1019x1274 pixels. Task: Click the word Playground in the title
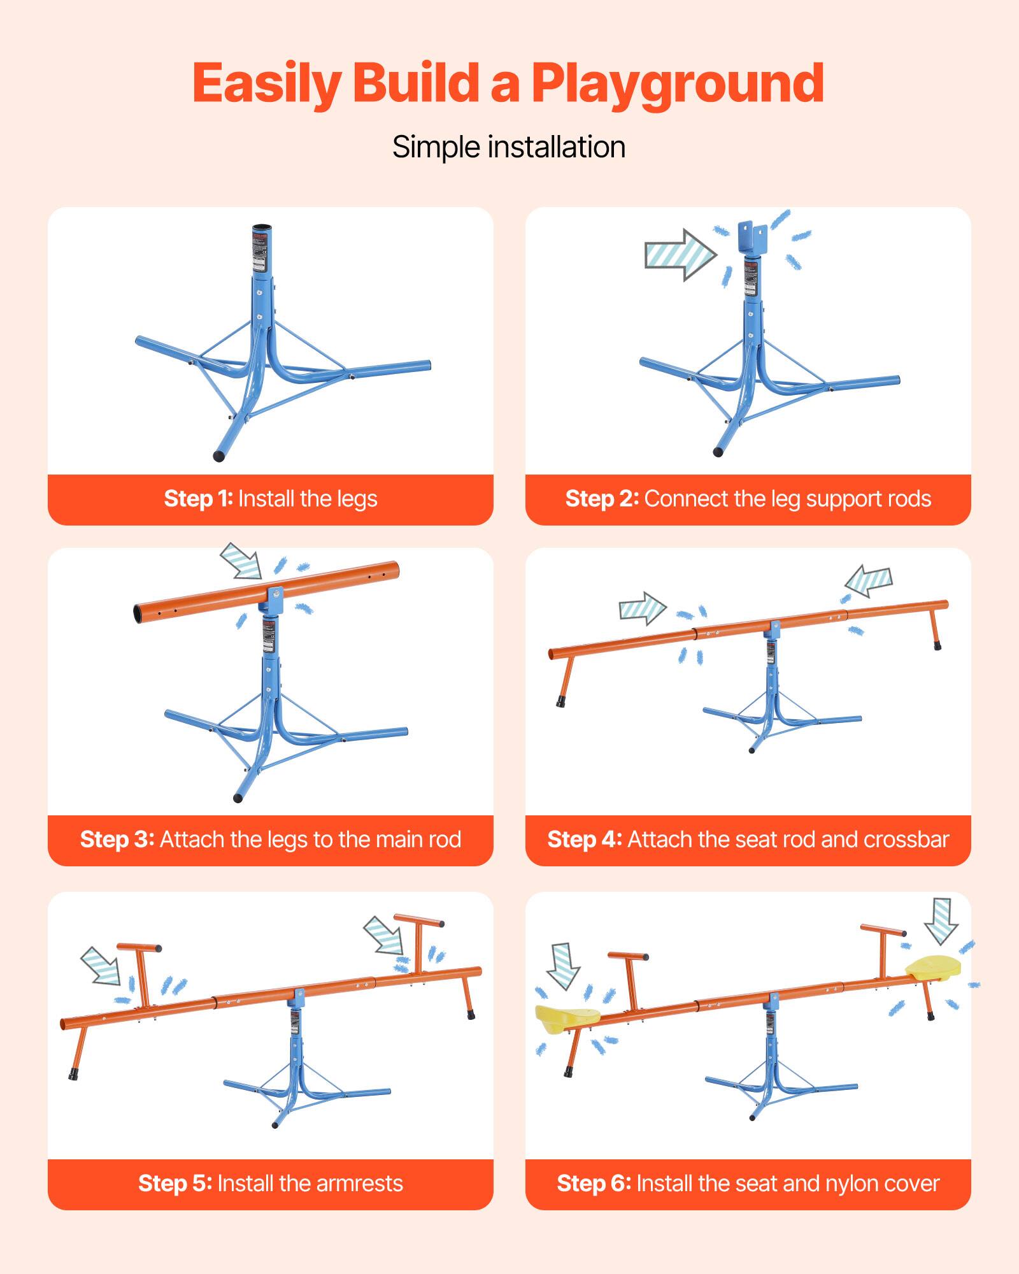pos(678,84)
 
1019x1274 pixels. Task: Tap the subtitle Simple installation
pos(509,147)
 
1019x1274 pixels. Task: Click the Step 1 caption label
pos(271,499)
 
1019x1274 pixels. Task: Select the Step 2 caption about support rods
pos(748,499)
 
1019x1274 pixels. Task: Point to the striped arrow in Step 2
pos(680,255)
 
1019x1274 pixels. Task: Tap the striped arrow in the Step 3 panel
pos(241,560)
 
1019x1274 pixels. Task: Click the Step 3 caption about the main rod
pos(271,840)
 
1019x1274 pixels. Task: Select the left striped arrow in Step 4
pos(642,608)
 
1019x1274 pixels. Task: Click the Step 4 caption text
pos(748,840)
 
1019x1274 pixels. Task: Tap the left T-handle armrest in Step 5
pos(141,971)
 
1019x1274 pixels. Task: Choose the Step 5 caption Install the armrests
pos(271,1184)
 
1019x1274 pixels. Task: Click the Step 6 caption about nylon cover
pos(748,1184)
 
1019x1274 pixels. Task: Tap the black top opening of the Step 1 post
pos(262,229)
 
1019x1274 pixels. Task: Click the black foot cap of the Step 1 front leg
pos(219,455)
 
